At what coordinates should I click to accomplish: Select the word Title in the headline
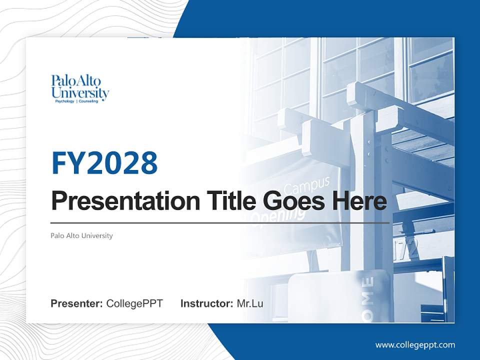225,201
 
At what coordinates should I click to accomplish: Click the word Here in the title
359,201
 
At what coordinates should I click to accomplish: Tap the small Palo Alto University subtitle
81,235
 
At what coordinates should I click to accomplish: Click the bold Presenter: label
77,303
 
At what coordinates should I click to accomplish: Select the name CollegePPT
134,303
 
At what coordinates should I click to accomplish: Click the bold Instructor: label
207,303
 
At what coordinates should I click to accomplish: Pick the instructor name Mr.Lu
249,303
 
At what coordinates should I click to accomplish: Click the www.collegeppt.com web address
415,345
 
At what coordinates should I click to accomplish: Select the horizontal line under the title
220,222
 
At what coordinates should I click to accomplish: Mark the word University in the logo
80,92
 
